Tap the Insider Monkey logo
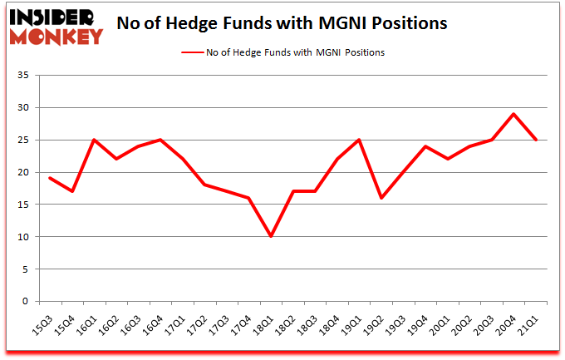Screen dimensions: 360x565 click(x=56, y=25)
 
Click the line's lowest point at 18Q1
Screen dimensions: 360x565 click(x=271, y=237)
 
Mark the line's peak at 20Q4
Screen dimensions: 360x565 click(x=515, y=114)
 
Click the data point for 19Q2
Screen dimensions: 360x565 click(x=381, y=198)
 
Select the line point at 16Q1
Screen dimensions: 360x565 click(x=95, y=140)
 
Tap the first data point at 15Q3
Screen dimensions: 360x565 click(x=50, y=179)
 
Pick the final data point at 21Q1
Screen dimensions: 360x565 click(x=537, y=140)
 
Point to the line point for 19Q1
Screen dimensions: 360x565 click(x=359, y=140)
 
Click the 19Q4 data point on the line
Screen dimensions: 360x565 click(x=425, y=146)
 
